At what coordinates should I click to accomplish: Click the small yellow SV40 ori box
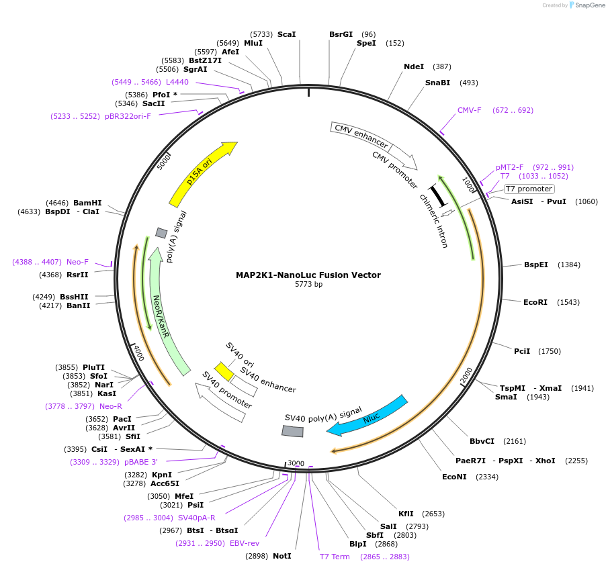point(224,371)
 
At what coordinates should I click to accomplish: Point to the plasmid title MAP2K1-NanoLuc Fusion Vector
point(308,275)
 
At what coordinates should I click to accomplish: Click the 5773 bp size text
point(308,285)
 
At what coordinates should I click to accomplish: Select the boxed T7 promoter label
point(529,189)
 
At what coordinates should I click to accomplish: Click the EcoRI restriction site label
point(535,302)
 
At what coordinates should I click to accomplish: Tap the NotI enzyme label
point(281,556)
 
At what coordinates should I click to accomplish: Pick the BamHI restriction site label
point(87,202)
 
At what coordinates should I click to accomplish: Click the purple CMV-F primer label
point(470,110)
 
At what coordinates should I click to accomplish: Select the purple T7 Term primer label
point(335,557)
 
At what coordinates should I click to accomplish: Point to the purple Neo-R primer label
point(111,406)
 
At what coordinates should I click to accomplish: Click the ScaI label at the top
point(286,34)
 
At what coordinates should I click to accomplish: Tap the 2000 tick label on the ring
point(467,376)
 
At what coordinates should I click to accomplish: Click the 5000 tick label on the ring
point(164,162)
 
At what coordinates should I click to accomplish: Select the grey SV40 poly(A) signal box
point(292,432)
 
